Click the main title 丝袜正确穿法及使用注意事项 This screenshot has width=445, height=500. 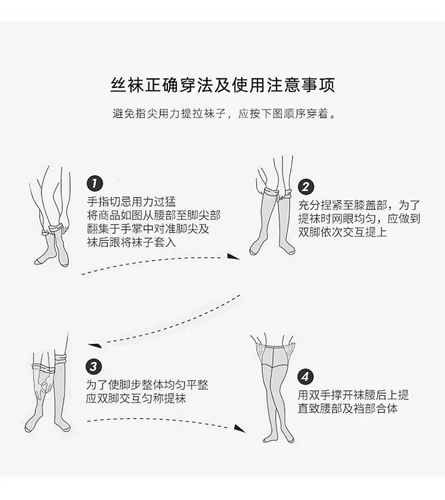(x=223, y=84)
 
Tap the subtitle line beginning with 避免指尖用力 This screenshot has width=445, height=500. (x=223, y=114)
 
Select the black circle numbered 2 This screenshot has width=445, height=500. (x=305, y=186)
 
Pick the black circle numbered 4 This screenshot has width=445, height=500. (x=305, y=376)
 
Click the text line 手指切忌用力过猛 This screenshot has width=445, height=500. (x=131, y=201)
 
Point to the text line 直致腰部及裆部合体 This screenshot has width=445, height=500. (x=348, y=409)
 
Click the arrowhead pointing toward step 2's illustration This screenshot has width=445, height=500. (x=235, y=257)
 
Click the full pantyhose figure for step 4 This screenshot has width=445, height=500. (x=275, y=389)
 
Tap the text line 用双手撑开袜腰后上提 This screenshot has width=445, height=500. (x=353, y=395)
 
